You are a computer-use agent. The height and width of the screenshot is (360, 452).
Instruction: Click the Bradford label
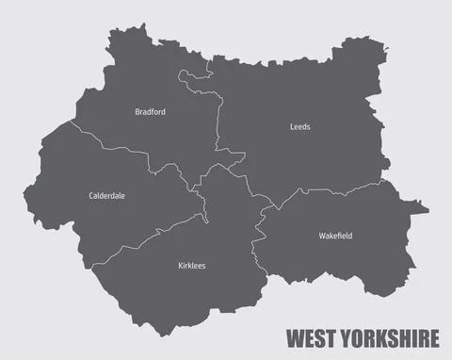coord(151,111)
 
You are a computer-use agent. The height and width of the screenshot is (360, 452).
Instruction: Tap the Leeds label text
coord(299,126)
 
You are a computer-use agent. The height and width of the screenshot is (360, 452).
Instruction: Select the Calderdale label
coord(106,196)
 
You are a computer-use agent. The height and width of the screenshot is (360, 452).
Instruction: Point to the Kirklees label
coord(191,266)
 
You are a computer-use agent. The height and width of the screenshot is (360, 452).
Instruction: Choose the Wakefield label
coord(335,236)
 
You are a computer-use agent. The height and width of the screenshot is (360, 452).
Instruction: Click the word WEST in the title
coord(310,337)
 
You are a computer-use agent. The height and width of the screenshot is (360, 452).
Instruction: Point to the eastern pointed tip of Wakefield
coord(428,211)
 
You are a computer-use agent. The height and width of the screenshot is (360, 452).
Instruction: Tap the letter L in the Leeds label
coord(291,126)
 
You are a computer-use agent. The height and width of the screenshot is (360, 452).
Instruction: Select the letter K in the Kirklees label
coord(180,266)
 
